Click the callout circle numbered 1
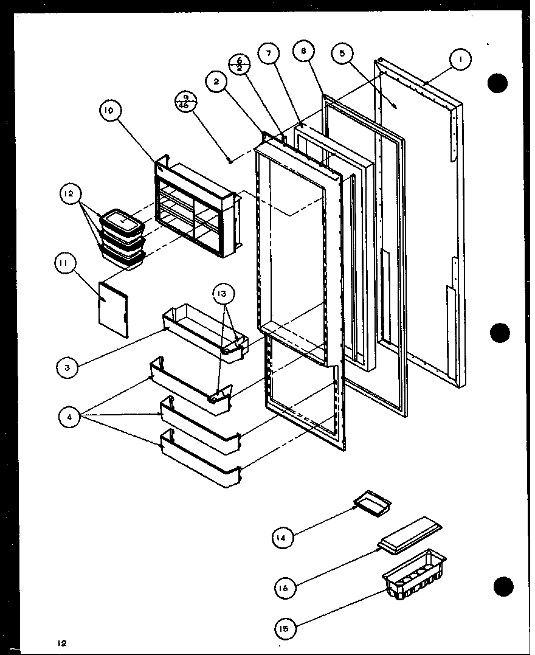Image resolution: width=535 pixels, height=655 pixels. pos(461,60)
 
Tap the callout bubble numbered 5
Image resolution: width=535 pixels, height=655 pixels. pos(343,54)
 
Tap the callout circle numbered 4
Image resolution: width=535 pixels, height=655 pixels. pos(70,417)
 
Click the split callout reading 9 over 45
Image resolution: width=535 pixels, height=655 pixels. pos(183,100)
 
